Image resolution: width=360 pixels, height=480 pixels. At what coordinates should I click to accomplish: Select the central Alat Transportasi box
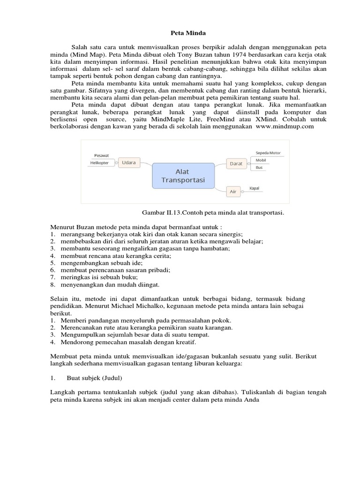(x=183, y=176)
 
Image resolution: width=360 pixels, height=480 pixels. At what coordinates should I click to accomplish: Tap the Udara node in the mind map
(x=128, y=163)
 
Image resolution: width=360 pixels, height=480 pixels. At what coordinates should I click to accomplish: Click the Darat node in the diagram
(x=235, y=164)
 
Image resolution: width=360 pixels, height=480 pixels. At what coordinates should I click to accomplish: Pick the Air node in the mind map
(x=233, y=192)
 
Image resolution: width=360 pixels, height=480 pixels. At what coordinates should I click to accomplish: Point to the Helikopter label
(x=99, y=163)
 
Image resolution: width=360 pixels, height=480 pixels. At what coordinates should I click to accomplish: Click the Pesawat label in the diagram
(x=102, y=154)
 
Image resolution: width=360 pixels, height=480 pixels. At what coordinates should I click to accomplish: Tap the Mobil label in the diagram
(x=260, y=160)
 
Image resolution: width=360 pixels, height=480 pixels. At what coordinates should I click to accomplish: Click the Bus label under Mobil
(x=259, y=167)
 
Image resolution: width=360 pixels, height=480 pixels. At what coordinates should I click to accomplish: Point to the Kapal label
(x=254, y=188)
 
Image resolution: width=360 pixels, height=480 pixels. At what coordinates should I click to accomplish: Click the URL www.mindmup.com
(x=285, y=127)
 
